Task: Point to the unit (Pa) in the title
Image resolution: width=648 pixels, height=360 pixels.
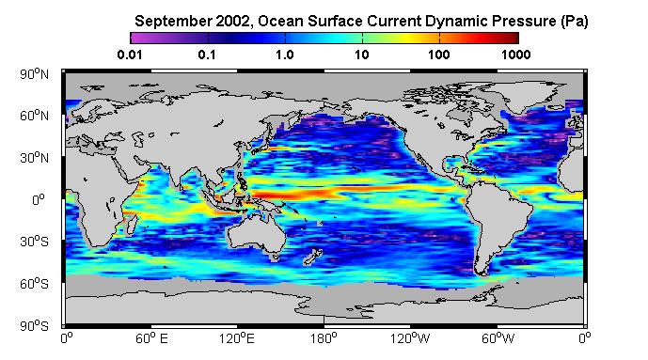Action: [575, 21]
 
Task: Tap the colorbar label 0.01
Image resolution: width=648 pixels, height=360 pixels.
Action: [130, 55]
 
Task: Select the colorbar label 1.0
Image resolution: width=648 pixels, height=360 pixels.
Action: [285, 55]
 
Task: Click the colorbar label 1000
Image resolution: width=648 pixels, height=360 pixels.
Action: [515, 55]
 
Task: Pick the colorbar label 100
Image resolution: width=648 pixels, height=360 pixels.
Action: [439, 55]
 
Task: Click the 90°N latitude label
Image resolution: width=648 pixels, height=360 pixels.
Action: [34, 74]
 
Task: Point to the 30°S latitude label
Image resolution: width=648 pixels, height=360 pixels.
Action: [34, 242]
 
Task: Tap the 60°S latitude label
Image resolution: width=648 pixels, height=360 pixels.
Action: [34, 284]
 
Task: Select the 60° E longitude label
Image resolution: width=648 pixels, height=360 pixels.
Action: [151, 338]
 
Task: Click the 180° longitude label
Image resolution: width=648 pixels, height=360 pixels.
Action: [324, 338]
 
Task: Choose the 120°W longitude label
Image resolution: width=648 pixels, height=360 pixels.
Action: [410, 338]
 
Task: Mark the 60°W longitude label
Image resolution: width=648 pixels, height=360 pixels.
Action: [498, 338]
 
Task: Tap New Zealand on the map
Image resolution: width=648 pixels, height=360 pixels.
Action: [312, 256]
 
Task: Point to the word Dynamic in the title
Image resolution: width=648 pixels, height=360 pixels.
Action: [453, 21]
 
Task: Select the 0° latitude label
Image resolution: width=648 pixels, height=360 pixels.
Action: [38, 200]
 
